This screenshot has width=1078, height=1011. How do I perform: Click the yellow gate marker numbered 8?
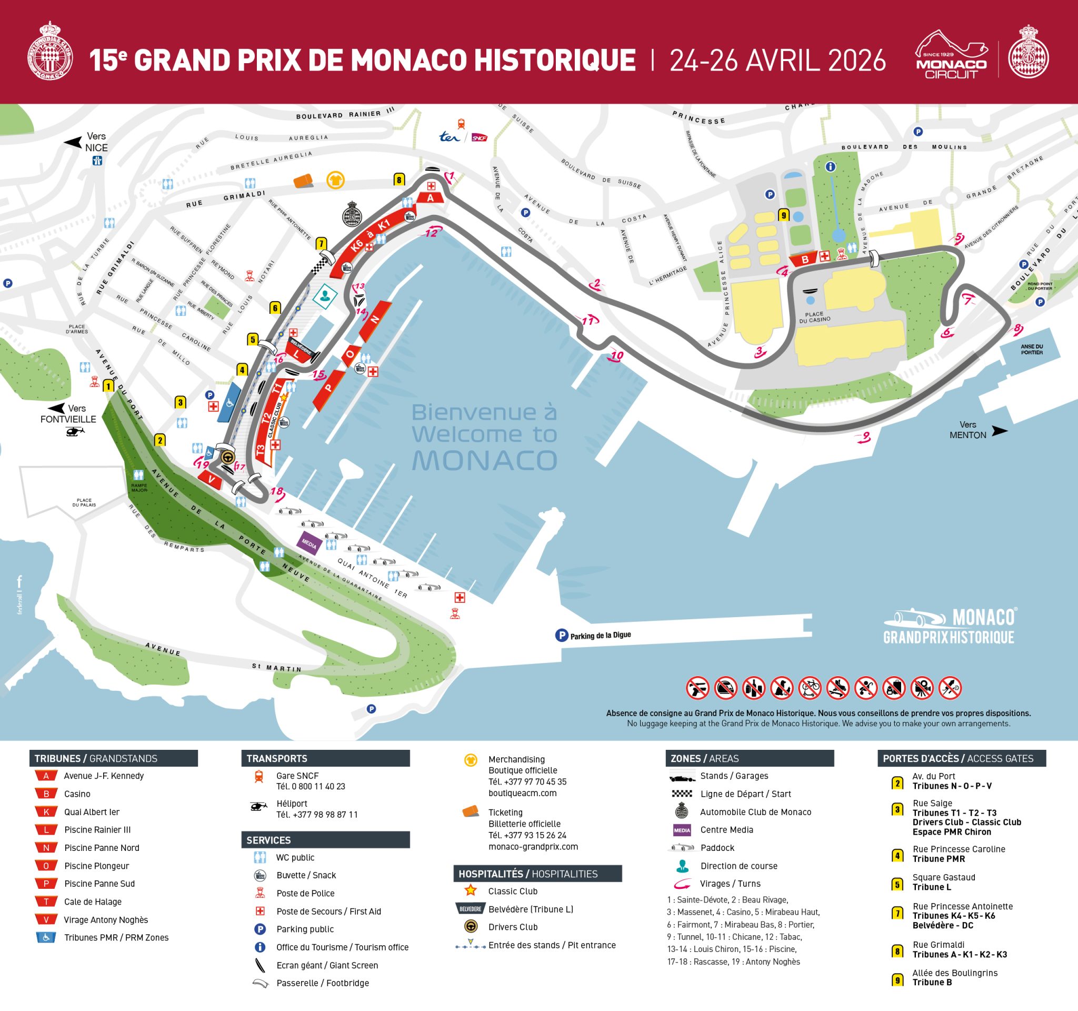(x=399, y=180)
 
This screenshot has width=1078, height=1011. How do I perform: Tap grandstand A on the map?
(x=431, y=198)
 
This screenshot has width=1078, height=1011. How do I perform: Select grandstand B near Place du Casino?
(x=805, y=259)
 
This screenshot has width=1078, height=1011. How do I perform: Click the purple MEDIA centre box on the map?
(x=309, y=543)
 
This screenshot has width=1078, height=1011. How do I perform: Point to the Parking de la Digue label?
(x=600, y=635)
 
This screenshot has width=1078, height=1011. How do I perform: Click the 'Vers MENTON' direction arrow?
(x=999, y=431)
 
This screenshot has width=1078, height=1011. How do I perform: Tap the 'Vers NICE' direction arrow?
(x=73, y=142)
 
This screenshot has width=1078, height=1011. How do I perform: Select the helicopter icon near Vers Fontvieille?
(x=75, y=432)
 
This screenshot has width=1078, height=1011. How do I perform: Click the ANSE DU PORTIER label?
(x=1031, y=349)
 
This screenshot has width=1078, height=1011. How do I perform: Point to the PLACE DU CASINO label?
(x=814, y=317)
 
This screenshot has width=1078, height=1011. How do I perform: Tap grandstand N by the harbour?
(x=375, y=320)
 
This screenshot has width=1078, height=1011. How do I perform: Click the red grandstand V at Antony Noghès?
(x=211, y=480)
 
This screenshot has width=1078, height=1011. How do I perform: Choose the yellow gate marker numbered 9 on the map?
(x=784, y=215)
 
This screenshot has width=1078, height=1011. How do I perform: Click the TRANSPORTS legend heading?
(x=277, y=758)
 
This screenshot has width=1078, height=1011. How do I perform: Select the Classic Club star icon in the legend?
(x=471, y=890)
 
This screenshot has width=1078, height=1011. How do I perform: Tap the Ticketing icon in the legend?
(x=471, y=812)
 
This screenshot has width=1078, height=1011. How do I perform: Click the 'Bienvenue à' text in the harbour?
(x=484, y=412)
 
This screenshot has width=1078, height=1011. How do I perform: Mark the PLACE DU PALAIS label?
(x=84, y=502)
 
